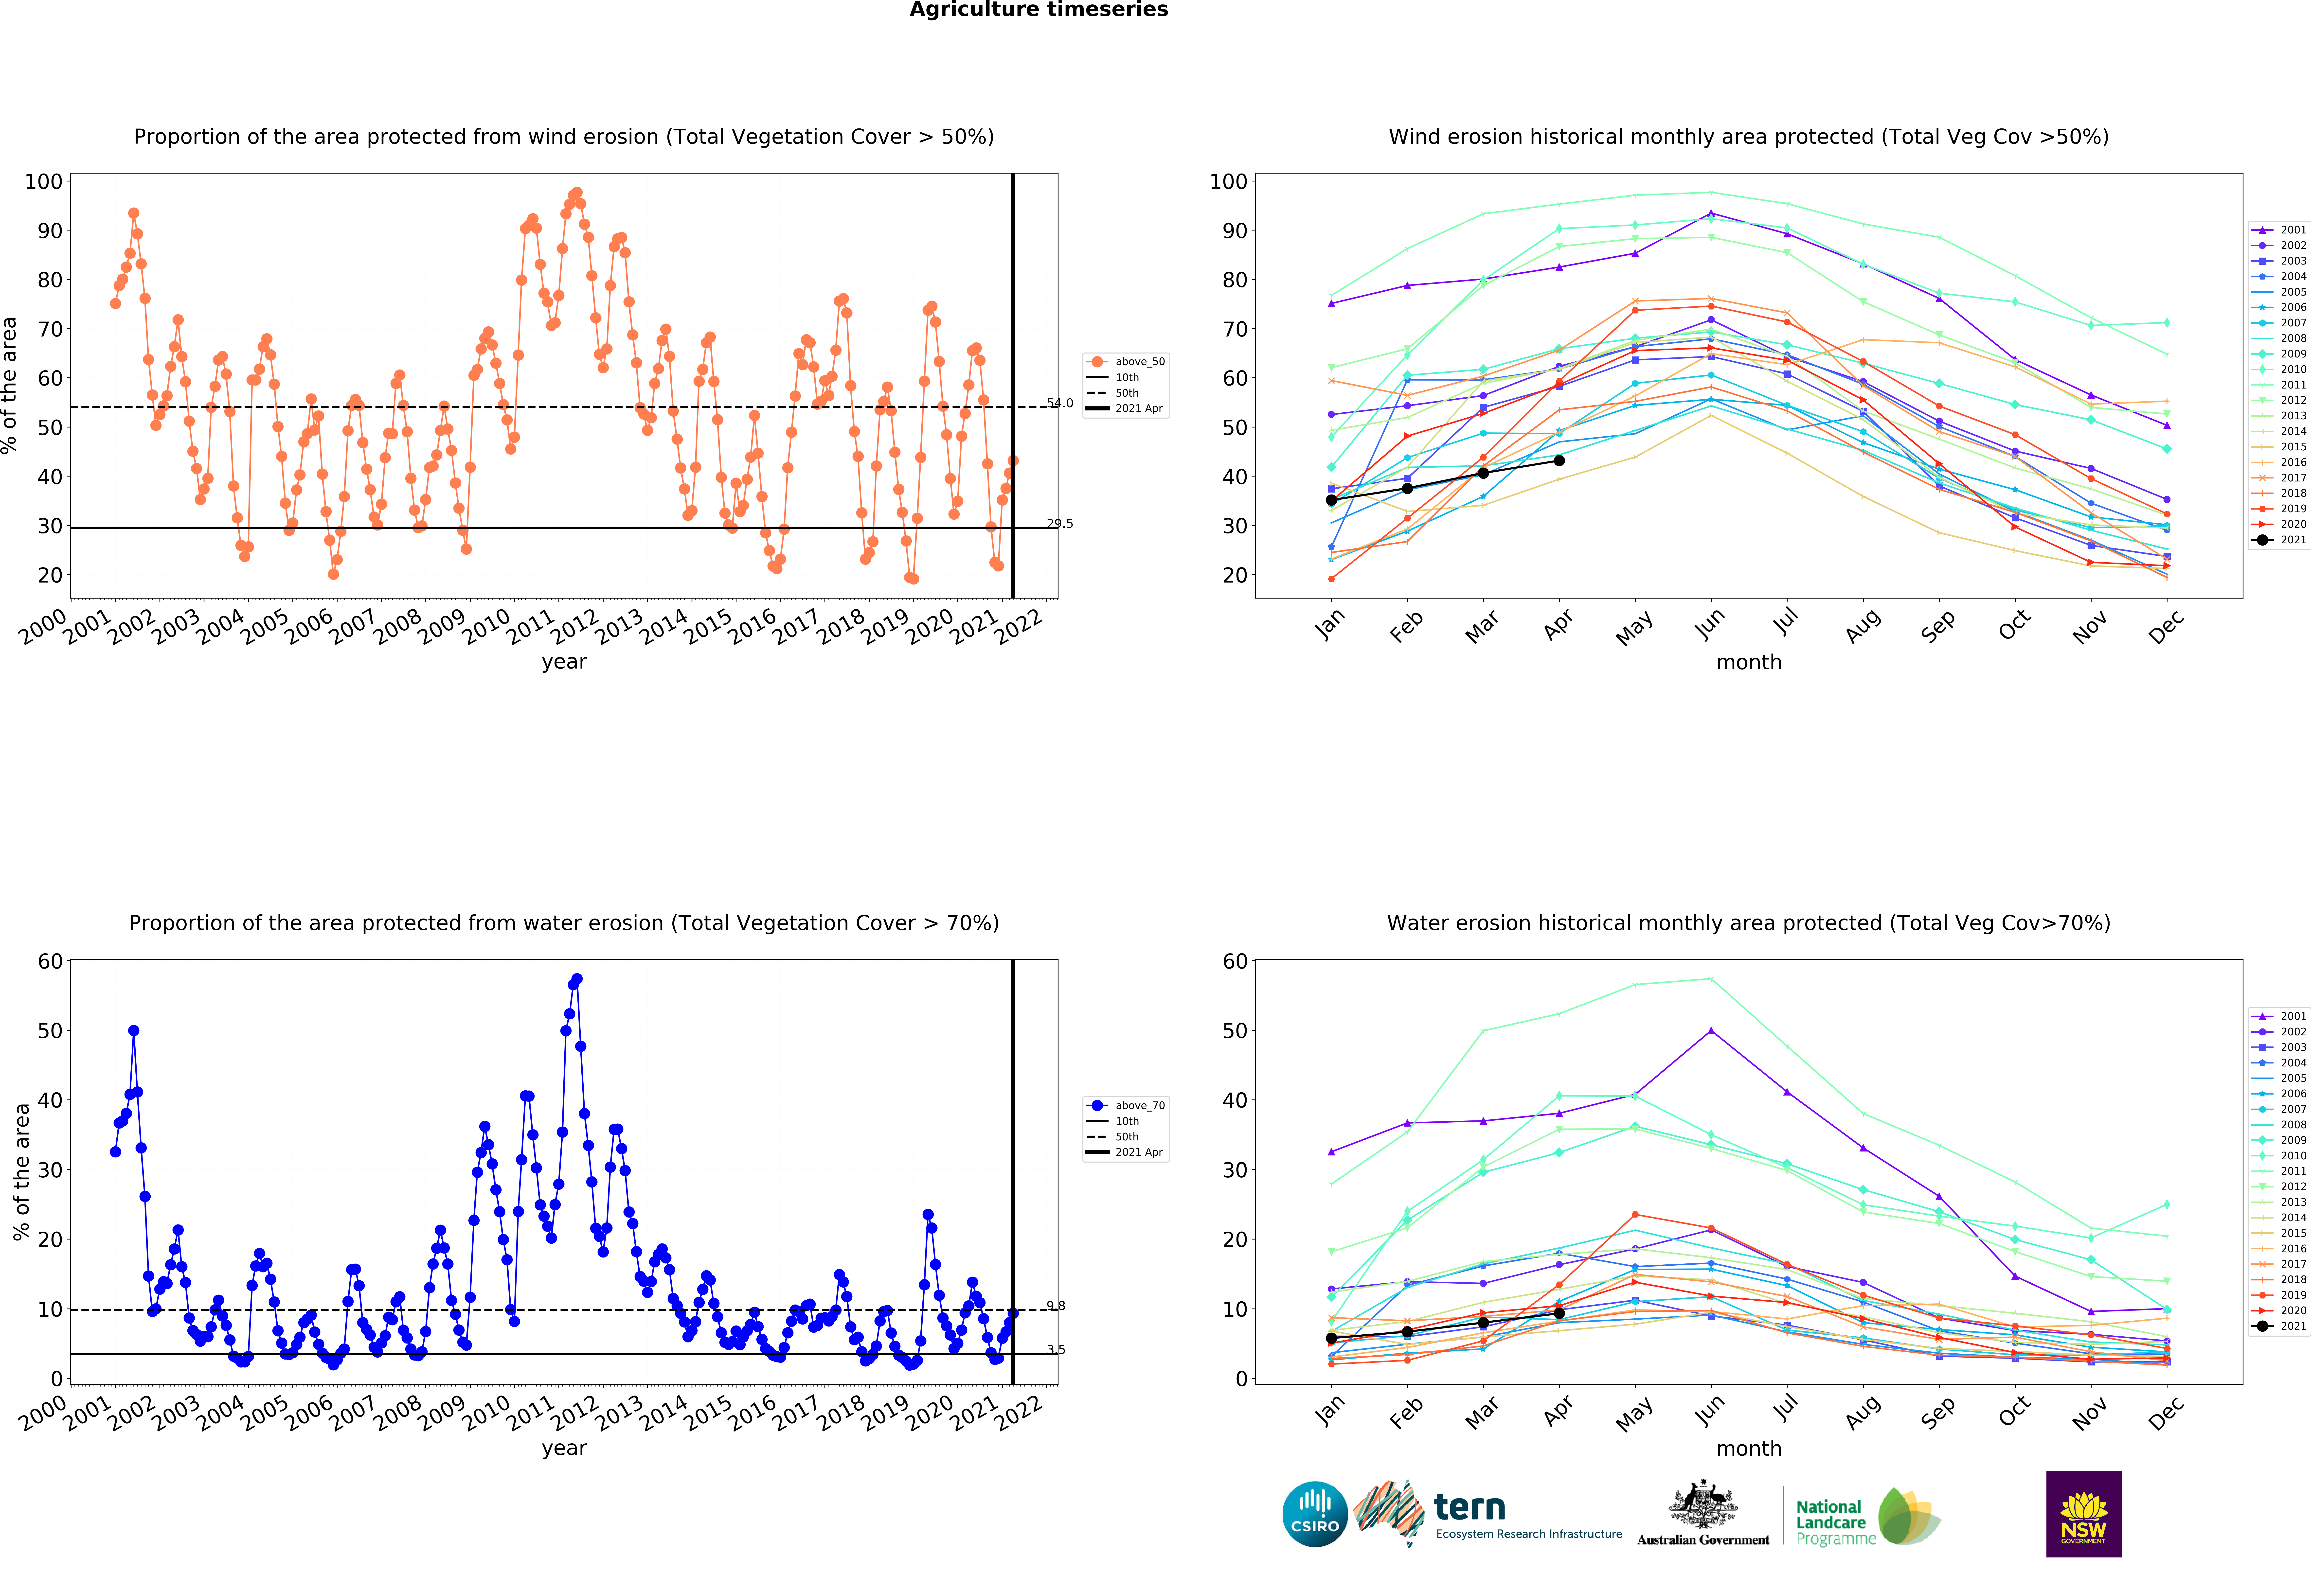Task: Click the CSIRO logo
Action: tap(1315, 1514)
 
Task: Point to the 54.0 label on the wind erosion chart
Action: tap(1060, 403)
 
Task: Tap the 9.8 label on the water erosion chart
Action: tap(1056, 1306)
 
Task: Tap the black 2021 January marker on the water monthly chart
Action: tap(1331, 1338)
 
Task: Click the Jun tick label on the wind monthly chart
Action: tap(1709, 624)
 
